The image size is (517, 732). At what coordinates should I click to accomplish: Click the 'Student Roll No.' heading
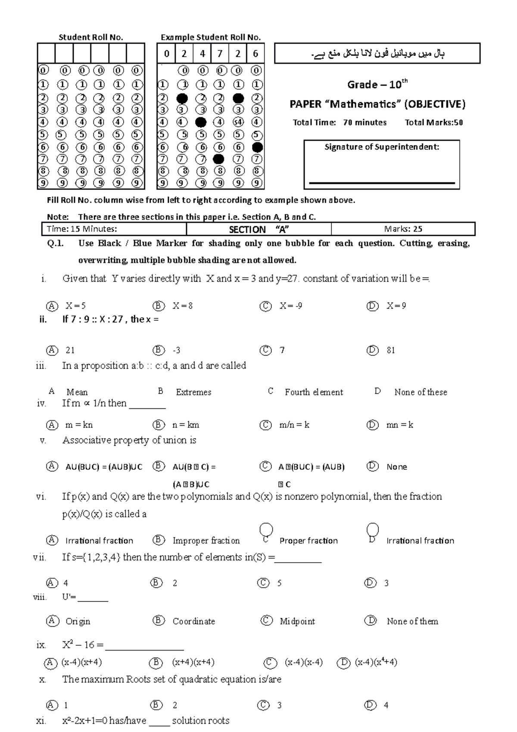click(91, 38)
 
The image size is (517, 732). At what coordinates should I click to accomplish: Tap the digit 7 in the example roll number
click(220, 54)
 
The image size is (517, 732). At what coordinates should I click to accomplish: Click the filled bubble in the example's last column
click(257, 147)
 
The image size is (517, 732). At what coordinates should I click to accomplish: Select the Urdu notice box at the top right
click(377, 53)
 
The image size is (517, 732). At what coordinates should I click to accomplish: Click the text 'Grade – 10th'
click(377, 84)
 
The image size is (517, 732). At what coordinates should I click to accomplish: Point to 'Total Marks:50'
click(433, 122)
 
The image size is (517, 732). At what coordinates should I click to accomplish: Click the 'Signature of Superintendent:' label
click(382, 147)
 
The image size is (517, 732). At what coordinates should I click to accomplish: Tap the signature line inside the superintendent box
click(382, 183)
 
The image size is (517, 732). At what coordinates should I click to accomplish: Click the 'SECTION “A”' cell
click(258, 229)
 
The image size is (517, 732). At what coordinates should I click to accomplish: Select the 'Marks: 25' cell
click(403, 229)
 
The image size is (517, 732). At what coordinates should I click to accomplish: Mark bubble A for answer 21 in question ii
click(52, 350)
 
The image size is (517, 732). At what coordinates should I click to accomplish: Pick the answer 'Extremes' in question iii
click(193, 392)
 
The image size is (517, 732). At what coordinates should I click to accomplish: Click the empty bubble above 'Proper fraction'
click(266, 529)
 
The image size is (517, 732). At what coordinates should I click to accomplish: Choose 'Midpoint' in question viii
click(297, 621)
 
